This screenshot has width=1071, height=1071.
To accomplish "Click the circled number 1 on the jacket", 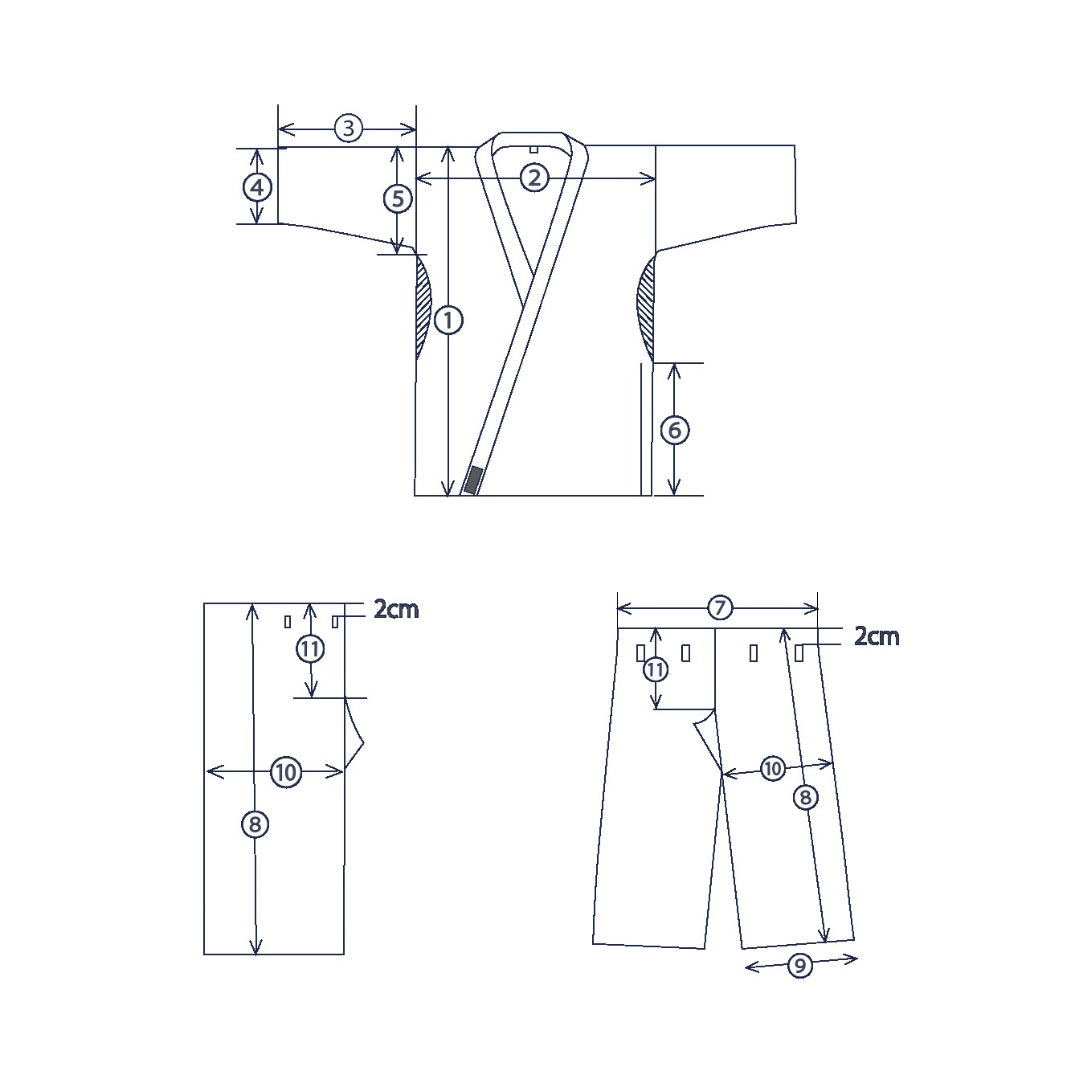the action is (448, 320).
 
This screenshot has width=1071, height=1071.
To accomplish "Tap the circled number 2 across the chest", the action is (534, 178).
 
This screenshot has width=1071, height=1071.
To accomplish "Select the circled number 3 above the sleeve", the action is (349, 129).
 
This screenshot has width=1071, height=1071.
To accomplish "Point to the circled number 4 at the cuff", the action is (257, 187).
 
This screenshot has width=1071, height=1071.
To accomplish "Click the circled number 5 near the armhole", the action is (398, 198).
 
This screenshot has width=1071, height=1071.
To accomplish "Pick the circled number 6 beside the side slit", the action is (675, 430).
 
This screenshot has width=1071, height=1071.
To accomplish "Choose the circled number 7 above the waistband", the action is (720, 607).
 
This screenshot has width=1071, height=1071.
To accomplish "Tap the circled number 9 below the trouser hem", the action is (799, 966).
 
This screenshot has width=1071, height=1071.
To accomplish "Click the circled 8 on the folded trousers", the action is (255, 824).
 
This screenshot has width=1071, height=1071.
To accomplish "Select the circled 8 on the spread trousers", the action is (805, 798).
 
